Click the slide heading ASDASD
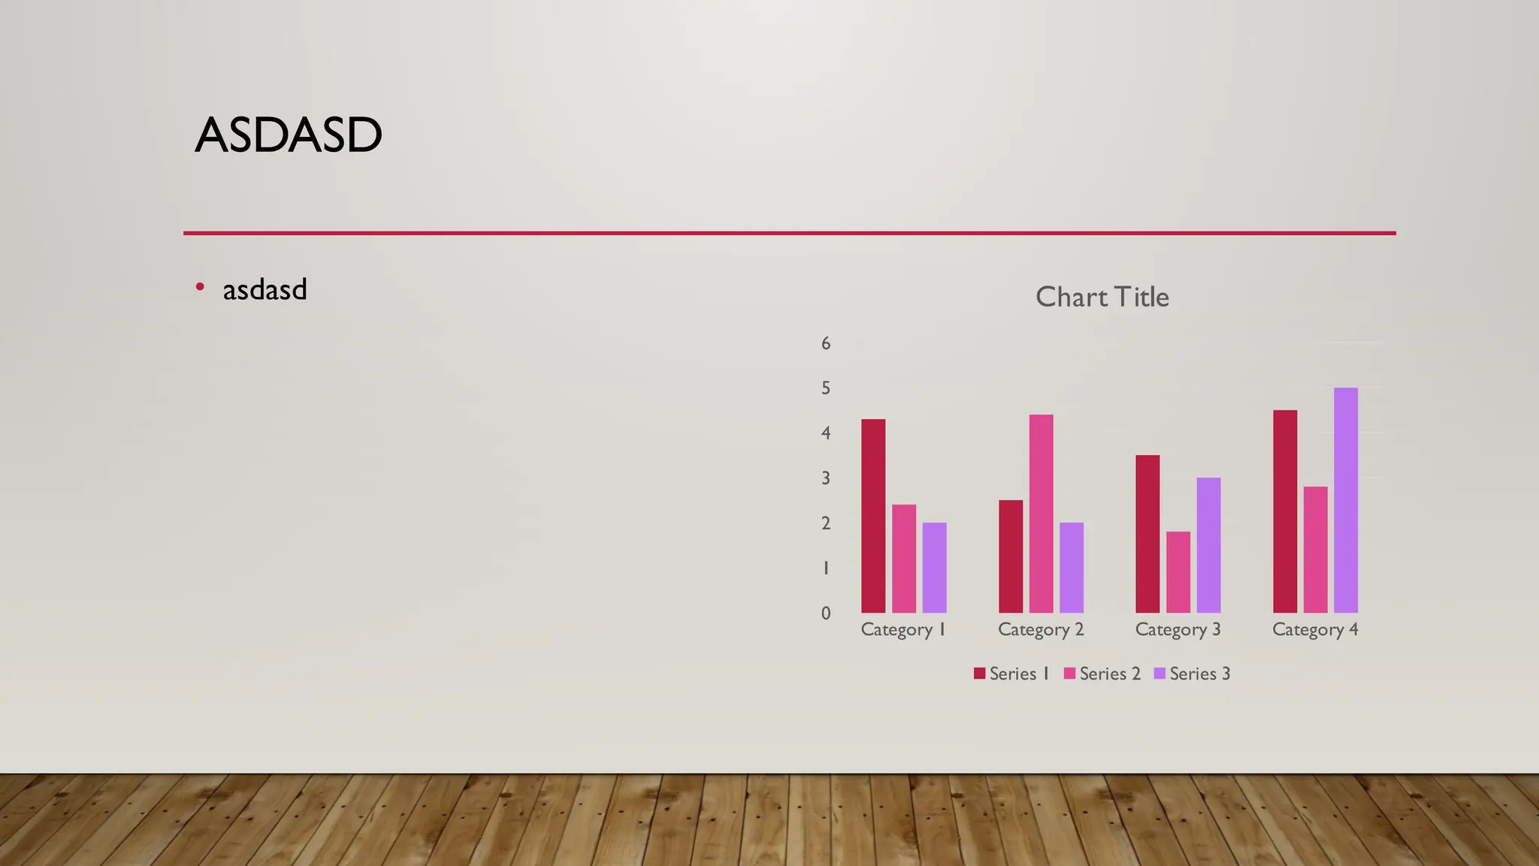(x=289, y=135)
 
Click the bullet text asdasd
(x=265, y=290)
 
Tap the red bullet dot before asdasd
(x=200, y=286)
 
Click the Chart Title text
(x=1102, y=297)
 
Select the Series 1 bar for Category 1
(x=873, y=516)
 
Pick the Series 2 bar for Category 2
(x=1041, y=513)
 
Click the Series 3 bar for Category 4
(x=1346, y=500)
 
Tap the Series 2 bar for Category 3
(x=1178, y=572)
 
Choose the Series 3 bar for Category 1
(x=934, y=568)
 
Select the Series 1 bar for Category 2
(x=1011, y=556)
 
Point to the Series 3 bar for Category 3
(x=1208, y=545)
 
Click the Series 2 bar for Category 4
(x=1315, y=550)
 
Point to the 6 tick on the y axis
(x=826, y=344)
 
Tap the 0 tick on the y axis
(x=826, y=613)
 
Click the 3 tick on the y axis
(x=826, y=478)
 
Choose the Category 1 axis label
(x=903, y=630)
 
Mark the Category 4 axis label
(x=1315, y=630)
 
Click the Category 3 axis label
(x=1178, y=630)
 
